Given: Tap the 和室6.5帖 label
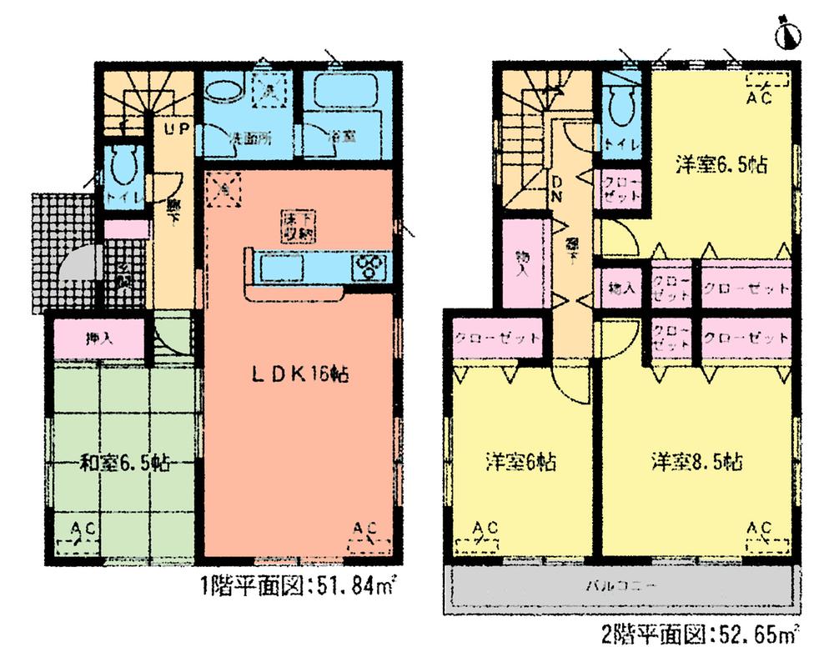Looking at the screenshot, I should tap(124, 463).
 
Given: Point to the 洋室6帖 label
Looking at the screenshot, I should tap(522, 460).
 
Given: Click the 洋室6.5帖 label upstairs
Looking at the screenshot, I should tap(721, 164).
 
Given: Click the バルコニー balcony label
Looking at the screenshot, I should tap(620, 587).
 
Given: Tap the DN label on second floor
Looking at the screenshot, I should tap(556, 189).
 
